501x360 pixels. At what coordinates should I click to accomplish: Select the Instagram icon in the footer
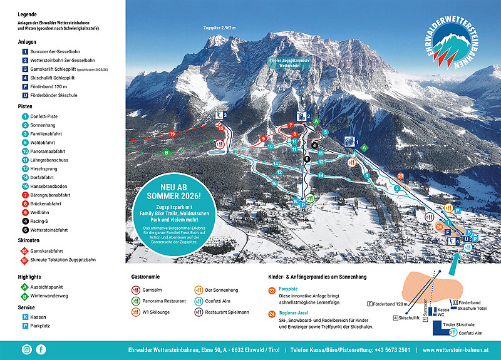tap(26, 349)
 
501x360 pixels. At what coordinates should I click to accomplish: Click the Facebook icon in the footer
tap(41, 349)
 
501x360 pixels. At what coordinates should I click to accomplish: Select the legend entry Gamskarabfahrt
tap(49, 250)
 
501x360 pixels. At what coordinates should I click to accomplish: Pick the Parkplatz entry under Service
tap(42, 326)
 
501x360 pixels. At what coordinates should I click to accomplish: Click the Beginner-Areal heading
tap(294, 313)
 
